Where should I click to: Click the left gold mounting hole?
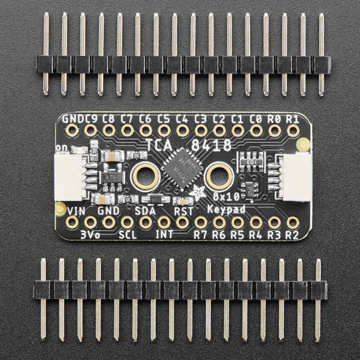pos(146,176)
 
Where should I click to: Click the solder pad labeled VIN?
pos(72,223)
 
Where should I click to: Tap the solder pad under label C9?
pos(91,130)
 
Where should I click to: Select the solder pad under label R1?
pos(293,130)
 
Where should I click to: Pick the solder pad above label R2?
pos(293,223)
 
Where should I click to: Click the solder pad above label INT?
pos(164,223)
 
